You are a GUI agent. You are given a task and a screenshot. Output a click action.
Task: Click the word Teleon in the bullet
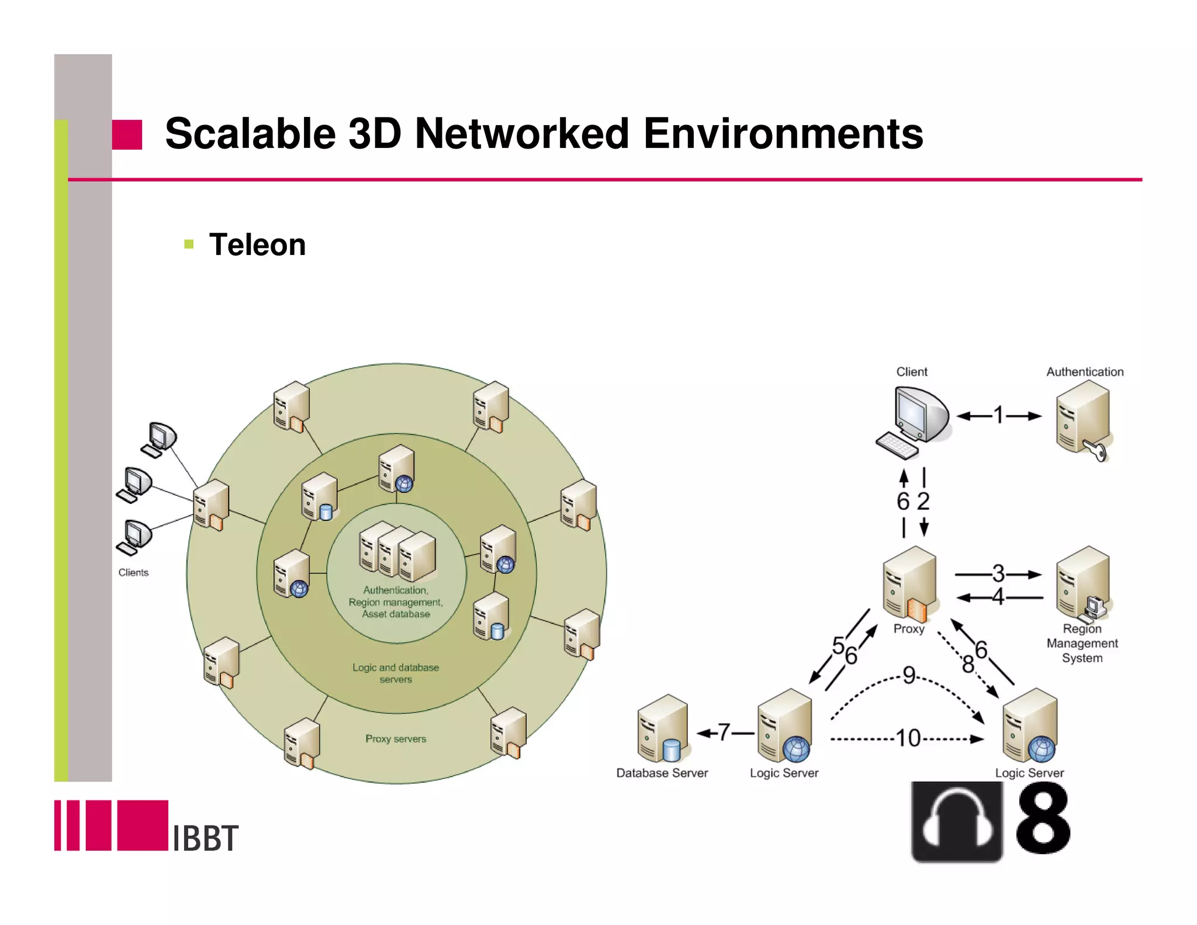(x=257, y=244)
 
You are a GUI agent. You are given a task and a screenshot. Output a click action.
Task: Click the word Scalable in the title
(x=250, y=134)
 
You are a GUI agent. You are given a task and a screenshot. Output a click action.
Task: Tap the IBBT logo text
(x=206, y=838)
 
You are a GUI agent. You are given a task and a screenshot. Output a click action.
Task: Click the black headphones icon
(x=957, y=822)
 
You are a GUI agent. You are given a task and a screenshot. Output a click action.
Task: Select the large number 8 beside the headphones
(x=1043, y=819)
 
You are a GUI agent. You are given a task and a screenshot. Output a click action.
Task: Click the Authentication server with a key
(x=1083, y=419)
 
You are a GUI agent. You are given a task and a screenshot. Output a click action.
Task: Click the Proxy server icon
(x=909, y=584)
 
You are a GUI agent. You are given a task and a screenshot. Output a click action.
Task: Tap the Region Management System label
(x=1082, y=643)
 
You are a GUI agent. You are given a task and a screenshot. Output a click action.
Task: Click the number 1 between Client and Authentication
(x=999, y=415)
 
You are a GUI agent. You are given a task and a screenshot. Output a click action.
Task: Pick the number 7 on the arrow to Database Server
(x=724, y=732)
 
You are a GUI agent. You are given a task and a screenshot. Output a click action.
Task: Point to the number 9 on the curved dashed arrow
(x=909, y=675)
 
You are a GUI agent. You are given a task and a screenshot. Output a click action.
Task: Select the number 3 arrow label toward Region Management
(x=998, y=573)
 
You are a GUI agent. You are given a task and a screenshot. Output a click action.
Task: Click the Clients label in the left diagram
(x=133, y=572)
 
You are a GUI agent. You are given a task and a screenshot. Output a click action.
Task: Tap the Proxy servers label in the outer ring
(x=396, y=739)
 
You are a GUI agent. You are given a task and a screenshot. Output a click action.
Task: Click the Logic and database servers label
(x=396, y=673)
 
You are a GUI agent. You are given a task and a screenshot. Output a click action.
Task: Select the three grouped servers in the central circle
(x=397, y=551)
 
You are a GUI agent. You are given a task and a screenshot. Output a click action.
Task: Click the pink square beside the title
(x=127, y=135)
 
